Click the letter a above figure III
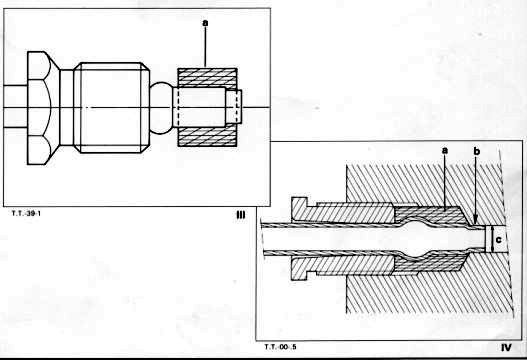pyautogui.click(x=205, y=23)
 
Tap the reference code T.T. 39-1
pyautogui.click(x=26, y=213)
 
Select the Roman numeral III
pyautogui.click(x=241, y=215)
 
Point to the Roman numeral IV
pyautogui.click(x=506, y=347)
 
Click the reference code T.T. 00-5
pyautogui.click(x=280, y=347)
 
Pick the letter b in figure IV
pyautogui.click(x=477, y=152)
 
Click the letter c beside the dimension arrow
pyautogui.click(x=499, y=240)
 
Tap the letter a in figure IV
pyautogui.click(x=445, y=151)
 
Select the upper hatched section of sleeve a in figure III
pyautogui.click(x=207, y=78)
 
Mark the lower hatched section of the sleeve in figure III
pyautogui.click(x=207, y=137)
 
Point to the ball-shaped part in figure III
pyautogui.click(x=162, y=108)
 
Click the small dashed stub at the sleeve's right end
pyautogui.click(x=234, y=107)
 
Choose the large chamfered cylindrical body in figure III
pyautogui.click(x=112, y=108)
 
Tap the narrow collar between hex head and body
pyautogui.click(x=67, y=108)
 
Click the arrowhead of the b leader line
pyautogui.click(x=475, y=222)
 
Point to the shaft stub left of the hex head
pyautogui.click(x=15, y=107)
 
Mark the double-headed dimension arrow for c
pyautogui.click(x=492, y=239)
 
